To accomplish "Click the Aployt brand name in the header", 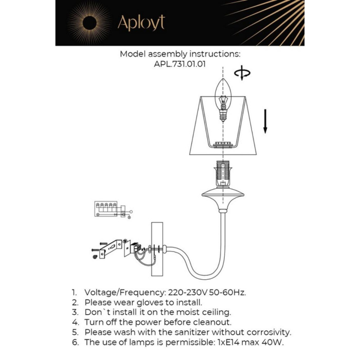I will point(141,23).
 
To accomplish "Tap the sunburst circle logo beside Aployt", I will point(89,23).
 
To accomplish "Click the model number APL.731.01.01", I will point(180,64).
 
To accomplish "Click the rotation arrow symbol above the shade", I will point(242,74).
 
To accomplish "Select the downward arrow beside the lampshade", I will point(265,121).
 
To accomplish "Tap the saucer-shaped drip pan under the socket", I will point(223,194).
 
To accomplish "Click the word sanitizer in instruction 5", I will point(178,332).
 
